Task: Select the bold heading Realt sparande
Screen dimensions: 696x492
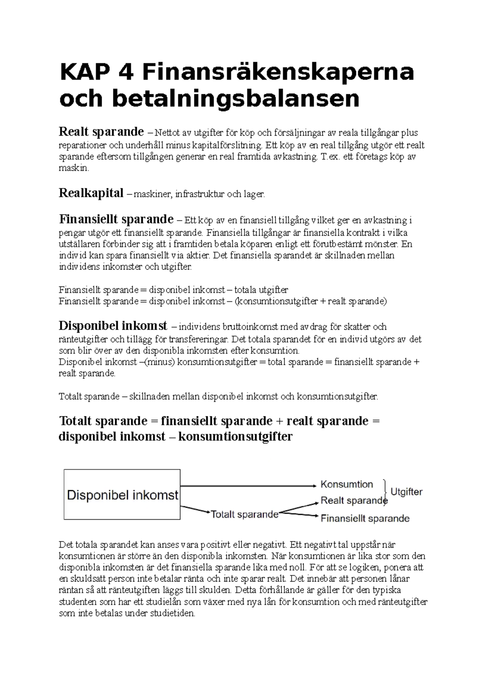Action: (101, 132)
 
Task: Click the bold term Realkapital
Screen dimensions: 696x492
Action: (91, 193)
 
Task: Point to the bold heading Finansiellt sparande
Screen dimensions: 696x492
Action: (116, 219)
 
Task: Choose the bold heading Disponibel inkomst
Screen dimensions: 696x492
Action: (113, 326)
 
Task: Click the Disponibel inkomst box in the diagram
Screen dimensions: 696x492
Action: (122, 495)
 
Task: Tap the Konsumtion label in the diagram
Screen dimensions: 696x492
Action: (346, 484)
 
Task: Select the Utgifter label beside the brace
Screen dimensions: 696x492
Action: (406, 492)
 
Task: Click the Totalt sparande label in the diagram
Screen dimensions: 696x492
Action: (244, 514)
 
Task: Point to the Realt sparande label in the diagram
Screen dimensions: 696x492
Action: (353, 500)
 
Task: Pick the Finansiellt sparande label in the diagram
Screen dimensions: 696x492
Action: (365, 519)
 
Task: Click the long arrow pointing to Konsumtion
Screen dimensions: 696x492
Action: (248, 486)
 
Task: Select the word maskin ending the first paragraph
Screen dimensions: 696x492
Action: (73, 168)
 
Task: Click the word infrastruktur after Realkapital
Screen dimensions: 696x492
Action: (200, 194)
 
